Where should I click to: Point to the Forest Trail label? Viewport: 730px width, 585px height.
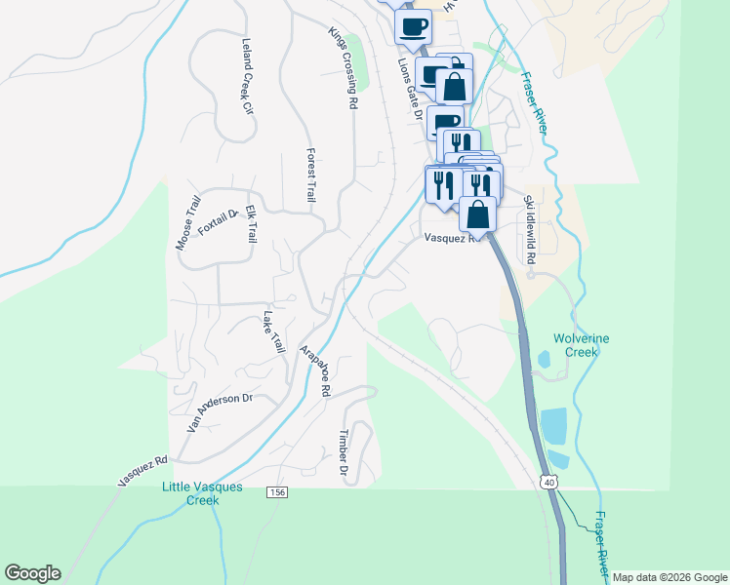311,175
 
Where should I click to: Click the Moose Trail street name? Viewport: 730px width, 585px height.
188,222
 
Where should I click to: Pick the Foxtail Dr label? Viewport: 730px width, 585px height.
219,222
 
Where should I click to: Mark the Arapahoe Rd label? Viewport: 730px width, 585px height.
315,370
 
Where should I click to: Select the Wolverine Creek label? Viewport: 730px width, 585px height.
582,346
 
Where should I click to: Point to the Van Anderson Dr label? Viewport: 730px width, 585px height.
220,412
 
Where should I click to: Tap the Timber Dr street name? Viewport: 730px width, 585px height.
344,454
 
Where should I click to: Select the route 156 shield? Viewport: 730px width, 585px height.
278,493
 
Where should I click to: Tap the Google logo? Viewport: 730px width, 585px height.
32,573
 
